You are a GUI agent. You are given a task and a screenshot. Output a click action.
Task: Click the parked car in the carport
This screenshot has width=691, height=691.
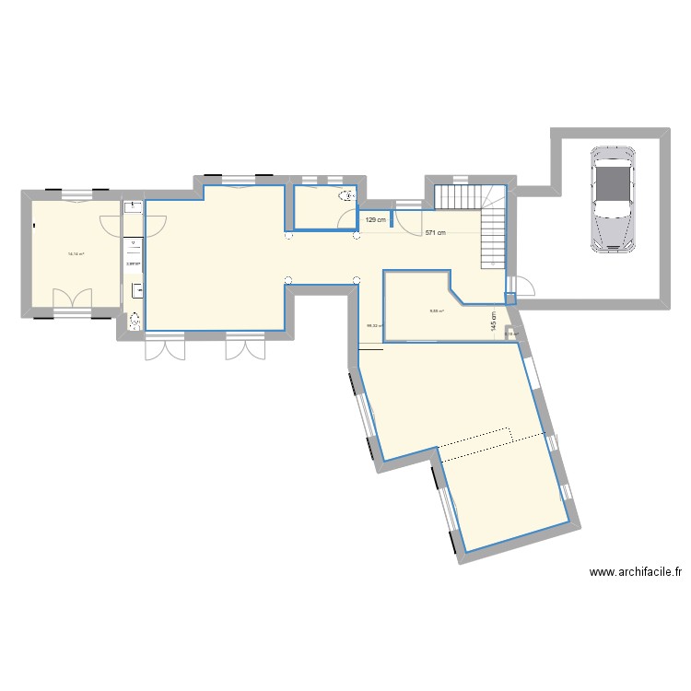coord(612,198)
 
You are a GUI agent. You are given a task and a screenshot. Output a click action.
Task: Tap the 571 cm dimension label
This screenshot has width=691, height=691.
coord(435,234)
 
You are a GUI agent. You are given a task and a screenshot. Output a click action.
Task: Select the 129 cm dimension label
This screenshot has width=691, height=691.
coord(374,220)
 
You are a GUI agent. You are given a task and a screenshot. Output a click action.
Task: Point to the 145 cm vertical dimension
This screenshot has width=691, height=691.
coord(494,320)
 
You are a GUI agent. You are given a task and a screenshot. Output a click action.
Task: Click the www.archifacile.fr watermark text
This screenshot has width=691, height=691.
coord(635,572)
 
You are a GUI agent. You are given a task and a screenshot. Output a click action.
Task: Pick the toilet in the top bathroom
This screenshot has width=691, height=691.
coord(346,196)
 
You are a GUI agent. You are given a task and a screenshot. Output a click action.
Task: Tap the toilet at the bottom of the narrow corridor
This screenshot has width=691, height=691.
coord(135,321)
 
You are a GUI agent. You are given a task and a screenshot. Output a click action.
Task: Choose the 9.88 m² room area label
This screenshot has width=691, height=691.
coord(435,310)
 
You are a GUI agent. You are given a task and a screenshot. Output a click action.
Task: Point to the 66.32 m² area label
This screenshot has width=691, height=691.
coord(375,325)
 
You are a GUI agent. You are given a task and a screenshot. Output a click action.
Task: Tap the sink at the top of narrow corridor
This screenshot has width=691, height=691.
coord(132,208)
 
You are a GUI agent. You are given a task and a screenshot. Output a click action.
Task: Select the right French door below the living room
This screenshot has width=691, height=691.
coord(245,347)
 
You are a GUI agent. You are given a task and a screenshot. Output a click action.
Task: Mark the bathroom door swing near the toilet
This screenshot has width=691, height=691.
coord(348,218)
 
